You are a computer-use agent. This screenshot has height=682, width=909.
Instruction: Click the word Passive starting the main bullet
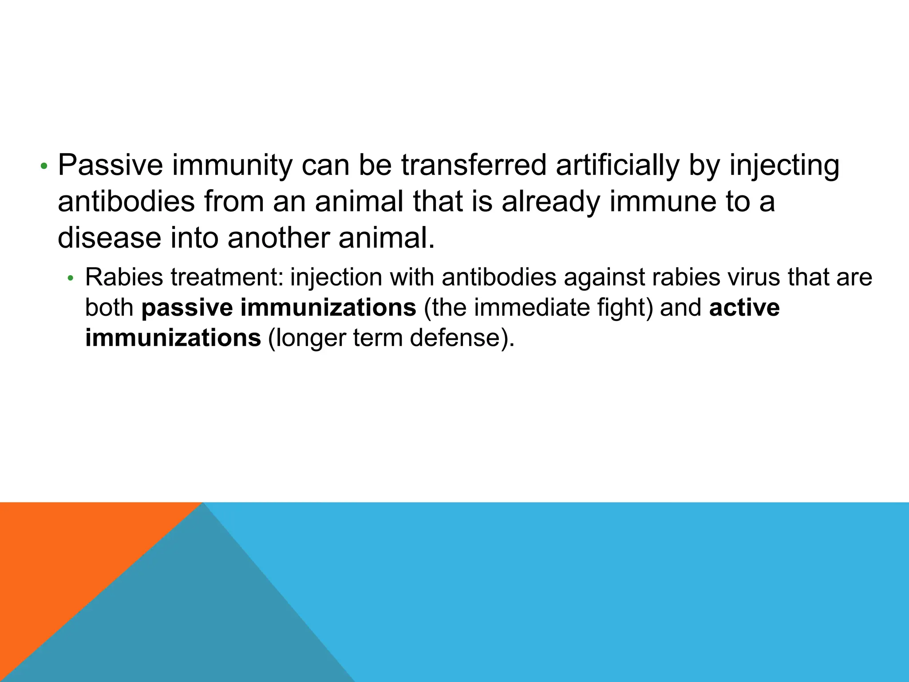(111, 165)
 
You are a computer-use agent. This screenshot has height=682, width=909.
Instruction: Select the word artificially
(617, 165)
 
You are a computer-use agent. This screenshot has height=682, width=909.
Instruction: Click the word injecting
(784, 165)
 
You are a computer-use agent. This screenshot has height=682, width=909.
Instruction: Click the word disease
(109, 238)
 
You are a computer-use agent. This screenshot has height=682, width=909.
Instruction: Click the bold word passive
(187, 308)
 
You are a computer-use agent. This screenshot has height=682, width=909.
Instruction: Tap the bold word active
(744, 308)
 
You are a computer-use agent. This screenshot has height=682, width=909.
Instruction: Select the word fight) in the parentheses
(625, 308)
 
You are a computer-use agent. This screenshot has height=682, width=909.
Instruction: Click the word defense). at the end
(462, 338)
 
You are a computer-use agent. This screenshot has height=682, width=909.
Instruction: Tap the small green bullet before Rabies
(70, 279)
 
